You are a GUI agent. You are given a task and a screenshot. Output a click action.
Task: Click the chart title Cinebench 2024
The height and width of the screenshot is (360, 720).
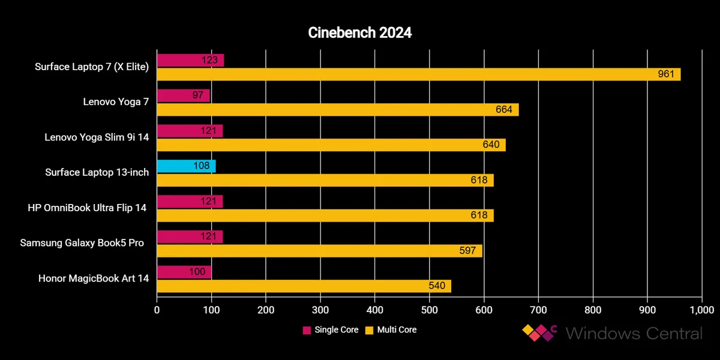360,33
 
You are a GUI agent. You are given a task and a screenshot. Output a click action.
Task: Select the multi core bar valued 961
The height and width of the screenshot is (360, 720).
418,74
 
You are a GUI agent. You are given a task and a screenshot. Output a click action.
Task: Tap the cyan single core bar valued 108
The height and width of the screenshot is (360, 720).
186,166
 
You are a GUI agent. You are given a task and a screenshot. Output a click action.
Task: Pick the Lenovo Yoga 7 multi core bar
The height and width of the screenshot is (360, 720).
337,110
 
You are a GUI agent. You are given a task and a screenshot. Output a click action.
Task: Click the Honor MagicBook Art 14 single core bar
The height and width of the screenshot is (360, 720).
184,272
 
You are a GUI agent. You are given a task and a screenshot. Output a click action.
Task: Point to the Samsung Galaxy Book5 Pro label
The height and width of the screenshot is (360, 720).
82,243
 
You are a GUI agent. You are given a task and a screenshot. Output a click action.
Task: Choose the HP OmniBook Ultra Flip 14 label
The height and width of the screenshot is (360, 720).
87,208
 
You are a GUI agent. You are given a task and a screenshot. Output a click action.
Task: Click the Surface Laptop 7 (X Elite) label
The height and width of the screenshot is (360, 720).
92,67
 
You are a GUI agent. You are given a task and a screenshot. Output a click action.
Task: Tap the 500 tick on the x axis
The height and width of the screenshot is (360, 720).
430,310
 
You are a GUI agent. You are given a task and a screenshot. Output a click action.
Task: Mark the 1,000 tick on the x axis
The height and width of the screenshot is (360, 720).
700,310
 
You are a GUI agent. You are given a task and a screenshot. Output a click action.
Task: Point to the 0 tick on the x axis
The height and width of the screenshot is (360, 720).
157,310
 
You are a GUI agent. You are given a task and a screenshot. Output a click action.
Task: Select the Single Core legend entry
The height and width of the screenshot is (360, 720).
331,330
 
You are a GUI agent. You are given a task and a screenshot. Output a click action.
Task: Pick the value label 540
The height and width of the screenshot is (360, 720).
437,286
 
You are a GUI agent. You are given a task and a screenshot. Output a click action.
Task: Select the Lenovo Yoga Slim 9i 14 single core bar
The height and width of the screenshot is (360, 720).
190,131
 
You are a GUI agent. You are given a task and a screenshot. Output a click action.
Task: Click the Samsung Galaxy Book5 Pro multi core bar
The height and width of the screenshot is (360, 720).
319,251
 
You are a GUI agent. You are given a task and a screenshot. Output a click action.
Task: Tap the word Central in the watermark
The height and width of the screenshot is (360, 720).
666,333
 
